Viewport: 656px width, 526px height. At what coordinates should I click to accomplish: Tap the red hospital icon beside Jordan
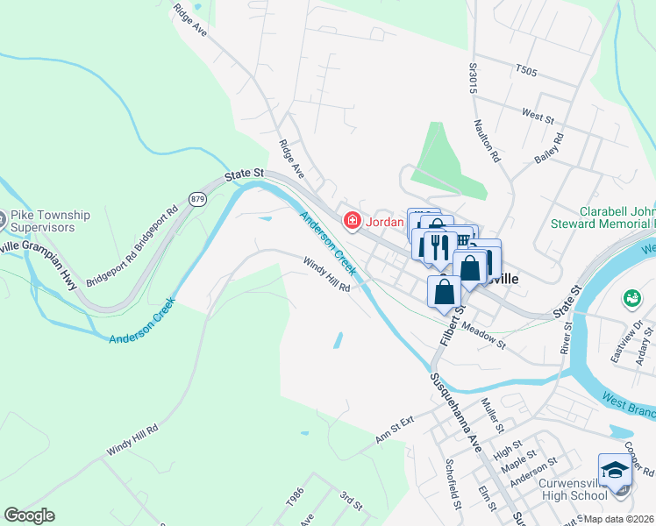coord(352,220)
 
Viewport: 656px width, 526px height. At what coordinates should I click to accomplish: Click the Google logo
coord(29,515)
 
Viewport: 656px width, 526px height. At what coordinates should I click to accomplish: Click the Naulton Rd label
coord(487,141)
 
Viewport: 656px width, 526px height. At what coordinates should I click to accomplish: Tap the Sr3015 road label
coord(473,76)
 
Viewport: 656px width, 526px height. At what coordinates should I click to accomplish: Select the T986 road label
coord(294,497)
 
